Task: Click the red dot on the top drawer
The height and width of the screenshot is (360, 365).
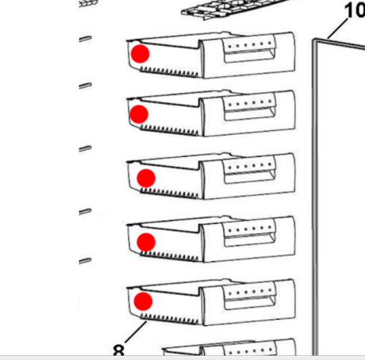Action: click(140, 54)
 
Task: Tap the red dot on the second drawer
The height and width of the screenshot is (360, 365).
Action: click(139, 114)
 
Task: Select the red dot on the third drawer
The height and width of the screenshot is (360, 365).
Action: click(146, 178)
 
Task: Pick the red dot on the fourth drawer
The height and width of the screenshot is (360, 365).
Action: click(146, 242)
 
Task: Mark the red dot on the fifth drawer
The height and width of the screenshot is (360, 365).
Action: click(143, 301)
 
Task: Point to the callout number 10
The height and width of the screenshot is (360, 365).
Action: click(355, 10)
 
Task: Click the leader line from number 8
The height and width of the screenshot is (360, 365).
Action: click(136, 332)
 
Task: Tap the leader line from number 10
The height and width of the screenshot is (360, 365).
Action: click(338, 28)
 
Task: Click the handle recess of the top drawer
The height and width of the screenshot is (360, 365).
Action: click(249, 56)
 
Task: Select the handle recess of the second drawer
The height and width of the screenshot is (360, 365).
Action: click(249, 114)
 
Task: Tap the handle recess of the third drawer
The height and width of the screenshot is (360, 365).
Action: click(249, 177)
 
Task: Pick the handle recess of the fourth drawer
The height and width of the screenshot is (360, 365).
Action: click(249, 240)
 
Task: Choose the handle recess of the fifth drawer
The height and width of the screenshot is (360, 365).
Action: click(249, 303)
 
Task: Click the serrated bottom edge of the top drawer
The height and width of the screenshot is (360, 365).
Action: click(169, 72)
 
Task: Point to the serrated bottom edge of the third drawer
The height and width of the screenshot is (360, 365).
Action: click(169, 193)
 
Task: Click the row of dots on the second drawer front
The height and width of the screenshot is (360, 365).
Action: click(250, 103)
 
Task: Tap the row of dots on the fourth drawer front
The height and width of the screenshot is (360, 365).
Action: click(250, 229)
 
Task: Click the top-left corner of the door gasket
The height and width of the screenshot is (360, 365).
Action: click(314, 40)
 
